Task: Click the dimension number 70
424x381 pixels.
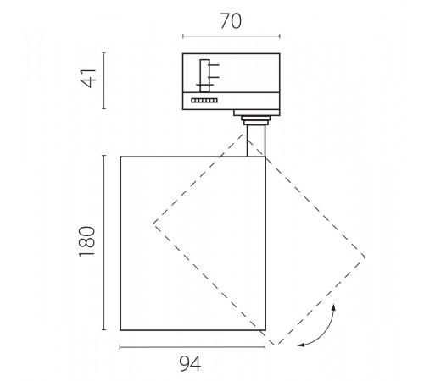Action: pyautogui.click(x=231, y=21)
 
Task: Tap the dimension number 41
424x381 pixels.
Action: pyautogui.click(x=88, y=79)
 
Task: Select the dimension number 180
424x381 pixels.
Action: pyautogui.click(x=87, y=241)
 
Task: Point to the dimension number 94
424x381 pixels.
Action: pyautogui.click(x=190, y=364)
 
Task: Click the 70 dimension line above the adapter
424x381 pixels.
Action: pyautogui.click(x=232, y=36)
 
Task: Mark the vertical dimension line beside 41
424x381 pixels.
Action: pyautogui.click(x=104, y=80)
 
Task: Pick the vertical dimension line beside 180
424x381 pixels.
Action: pyautogui.click(x=104, y=242)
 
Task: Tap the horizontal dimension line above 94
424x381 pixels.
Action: pyautogui.click(x=192, y=347)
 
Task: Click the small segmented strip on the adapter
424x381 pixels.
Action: pyautogui.click(x=204, y=101)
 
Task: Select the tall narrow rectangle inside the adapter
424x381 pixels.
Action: pyautogui.click(x=204, y=75)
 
